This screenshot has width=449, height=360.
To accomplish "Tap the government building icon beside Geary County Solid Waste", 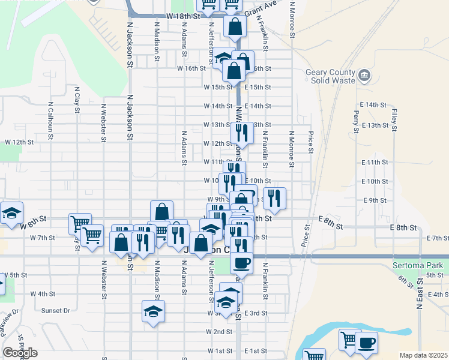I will point(364,76).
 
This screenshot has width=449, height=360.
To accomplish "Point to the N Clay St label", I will point(77,100).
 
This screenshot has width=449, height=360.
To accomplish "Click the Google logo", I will point(20,353).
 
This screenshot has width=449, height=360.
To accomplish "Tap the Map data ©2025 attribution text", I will point(423,355).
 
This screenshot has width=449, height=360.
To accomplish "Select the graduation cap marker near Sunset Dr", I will point(153,311).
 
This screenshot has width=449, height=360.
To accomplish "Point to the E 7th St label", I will point(437,238).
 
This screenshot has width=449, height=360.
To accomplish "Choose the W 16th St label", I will point(191,69).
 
